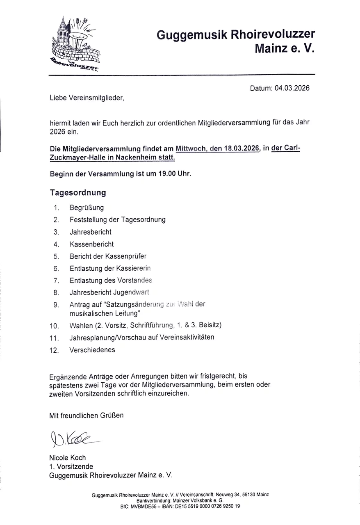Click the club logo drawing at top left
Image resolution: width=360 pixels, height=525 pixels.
click(x=76, y=43)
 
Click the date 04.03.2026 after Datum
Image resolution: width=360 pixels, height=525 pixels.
click(x=292, y=88)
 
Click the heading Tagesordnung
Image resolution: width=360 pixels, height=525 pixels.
click(x=78, y=192)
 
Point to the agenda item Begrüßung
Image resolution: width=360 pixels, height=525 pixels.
click(x=87, y=208)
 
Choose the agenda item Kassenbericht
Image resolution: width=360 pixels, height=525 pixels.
click(x=91, y=244)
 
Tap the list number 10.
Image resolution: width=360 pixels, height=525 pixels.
click(x=54, y=326)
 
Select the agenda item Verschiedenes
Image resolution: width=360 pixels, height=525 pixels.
click(x=92, y=350)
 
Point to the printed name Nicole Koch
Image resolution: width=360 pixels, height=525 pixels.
click(x=68, y=458)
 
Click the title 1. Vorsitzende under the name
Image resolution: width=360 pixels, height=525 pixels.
click(x=71, y=466)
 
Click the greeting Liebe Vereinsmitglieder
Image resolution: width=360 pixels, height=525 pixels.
click(x=86, y=98)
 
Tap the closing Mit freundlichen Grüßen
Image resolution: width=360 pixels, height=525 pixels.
click(x=86, y=415)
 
